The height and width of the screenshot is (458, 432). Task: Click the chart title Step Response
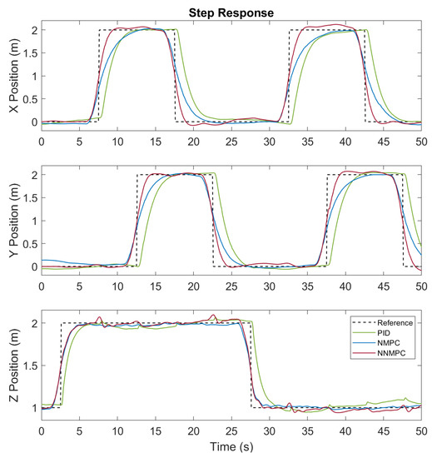pos(231,12)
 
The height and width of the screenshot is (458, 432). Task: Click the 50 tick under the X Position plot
pos(421,142)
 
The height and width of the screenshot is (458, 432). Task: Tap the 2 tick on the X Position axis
pos(32,31)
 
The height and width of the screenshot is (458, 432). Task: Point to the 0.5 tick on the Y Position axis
pos(27,244)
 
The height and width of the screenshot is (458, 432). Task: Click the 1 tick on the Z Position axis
pos(32,408)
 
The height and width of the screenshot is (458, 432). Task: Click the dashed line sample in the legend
pos(359,321)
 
